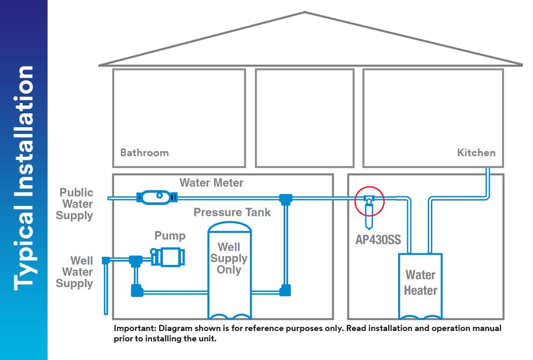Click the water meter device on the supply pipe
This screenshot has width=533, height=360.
(x=156, y=197)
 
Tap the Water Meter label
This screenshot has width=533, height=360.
(x=211, y=183)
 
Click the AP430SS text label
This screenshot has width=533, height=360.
(x=378, y=240)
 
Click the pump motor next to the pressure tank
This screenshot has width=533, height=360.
(x=168, y=257)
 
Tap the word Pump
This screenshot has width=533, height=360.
(x=170, y=236)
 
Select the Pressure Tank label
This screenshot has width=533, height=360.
(x=232, y=212)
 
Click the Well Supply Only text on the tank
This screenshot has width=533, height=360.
(x=229, y=258)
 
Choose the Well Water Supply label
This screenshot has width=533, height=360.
(x=75, y=272)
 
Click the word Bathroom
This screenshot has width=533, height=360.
(x=144, y=153)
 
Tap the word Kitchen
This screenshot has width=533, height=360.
(x=476, y=153)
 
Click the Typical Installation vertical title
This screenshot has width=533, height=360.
(x=24, y=178)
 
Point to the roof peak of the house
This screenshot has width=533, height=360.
(x=305, y=13)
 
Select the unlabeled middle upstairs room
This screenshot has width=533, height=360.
(x=304, y=117)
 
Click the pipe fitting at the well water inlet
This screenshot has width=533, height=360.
(x=106, y=260)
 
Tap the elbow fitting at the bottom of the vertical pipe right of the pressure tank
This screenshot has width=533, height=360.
(x=284, y=291)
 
